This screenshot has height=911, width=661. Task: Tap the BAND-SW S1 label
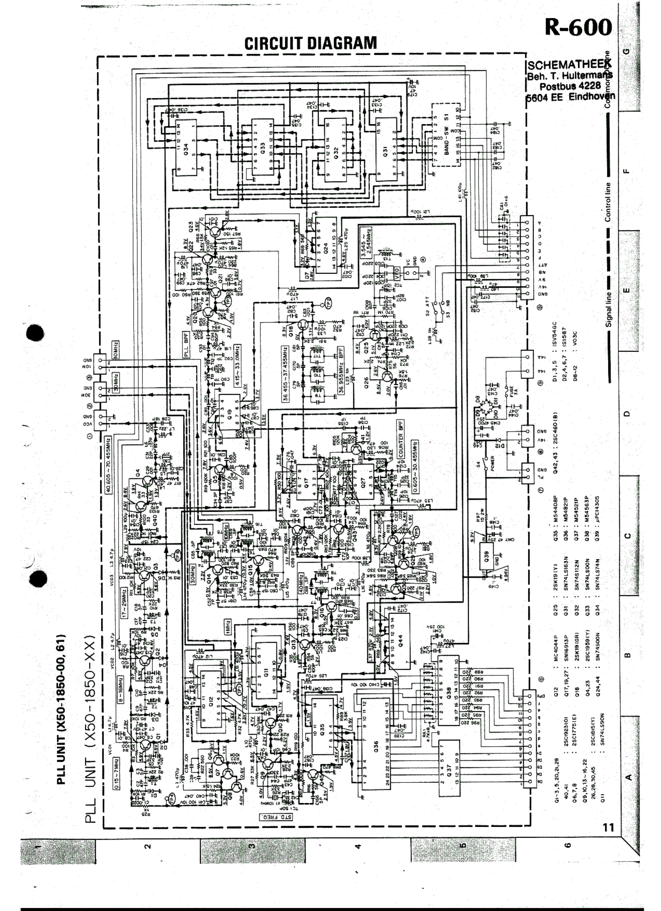coord(446,137)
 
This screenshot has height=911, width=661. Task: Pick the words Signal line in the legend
coord(608,309)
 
